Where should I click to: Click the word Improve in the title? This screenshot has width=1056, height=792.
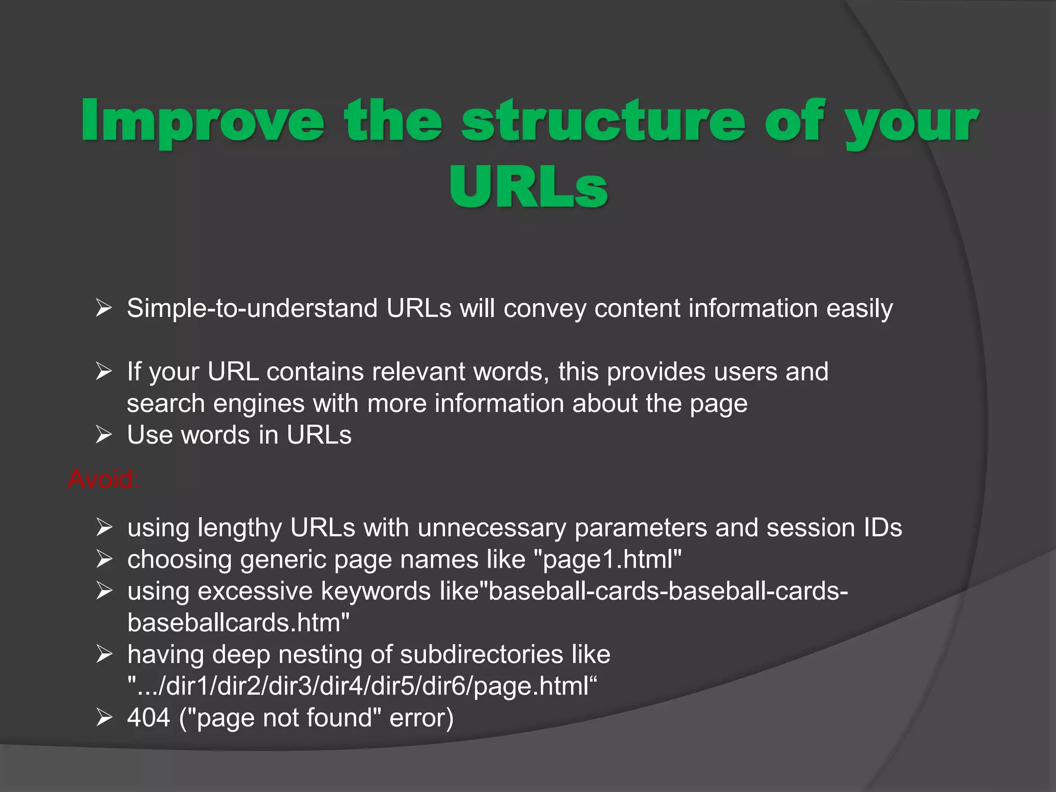click(x=203, y=121)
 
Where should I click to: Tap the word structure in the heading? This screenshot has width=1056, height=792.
click(x=603, y=121)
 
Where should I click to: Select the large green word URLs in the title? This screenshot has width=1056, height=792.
click(x=528, y=188)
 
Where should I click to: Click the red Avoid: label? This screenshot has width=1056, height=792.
click(x=103, y=479)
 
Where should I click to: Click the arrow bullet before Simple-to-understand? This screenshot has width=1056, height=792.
click(x=104, y=308)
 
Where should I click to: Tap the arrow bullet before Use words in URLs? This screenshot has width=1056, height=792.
click(x=104, y=435)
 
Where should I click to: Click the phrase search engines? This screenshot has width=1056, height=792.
click(x=216, y=403)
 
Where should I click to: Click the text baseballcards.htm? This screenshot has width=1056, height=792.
click(x=238, y=623)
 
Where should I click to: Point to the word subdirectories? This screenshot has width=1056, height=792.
click(x=481, y=655)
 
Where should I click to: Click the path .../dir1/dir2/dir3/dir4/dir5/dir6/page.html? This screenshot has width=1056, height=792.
click(x=361, y=686)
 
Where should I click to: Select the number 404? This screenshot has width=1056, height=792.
click(x=148, y=718)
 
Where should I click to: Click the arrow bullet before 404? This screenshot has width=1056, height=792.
click(x=104, y=718)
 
